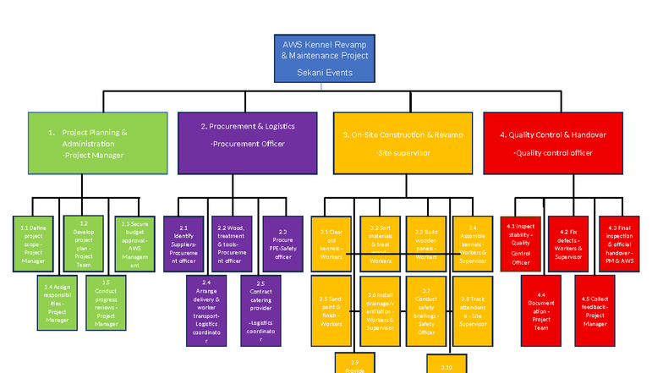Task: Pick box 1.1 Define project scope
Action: coord(33,243)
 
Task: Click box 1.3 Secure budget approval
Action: coord(133,243)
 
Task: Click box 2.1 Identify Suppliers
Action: coord(184,243)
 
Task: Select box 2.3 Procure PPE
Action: coord(282,243)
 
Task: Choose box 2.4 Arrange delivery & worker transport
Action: coord(206,310)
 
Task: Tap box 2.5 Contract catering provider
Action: coord(260,310)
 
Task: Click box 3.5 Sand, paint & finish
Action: coord(331,310)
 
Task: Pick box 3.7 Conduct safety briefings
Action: coord(426,310)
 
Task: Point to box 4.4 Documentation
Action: coord(540,310)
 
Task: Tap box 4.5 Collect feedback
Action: coord(595,310)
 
